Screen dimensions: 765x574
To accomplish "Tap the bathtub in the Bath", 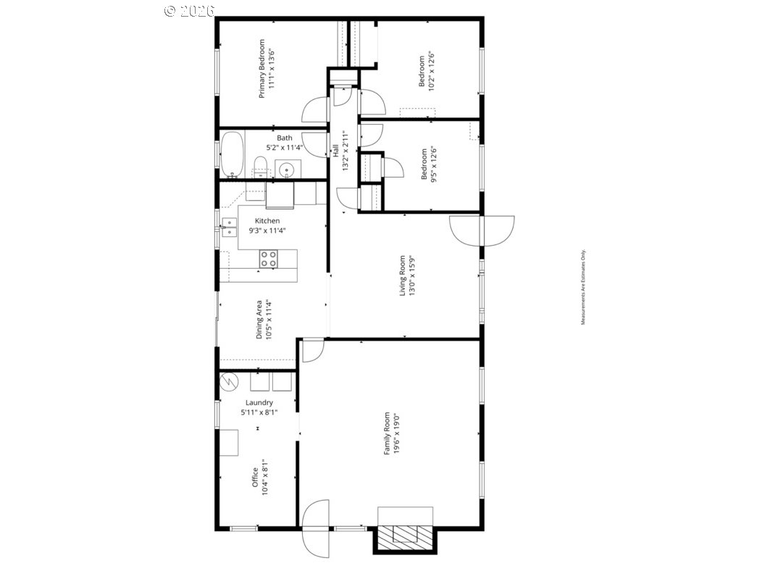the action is (x=233, y=154).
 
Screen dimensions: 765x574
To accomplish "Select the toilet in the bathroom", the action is (x=261, y=167).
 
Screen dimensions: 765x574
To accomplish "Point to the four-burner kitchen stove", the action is (x=268, y=259).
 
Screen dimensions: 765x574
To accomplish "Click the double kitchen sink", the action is (x=228, y=228).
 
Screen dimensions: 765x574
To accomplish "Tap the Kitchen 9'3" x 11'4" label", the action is (x=267, y=225).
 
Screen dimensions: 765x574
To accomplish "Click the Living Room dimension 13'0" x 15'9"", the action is (x=412, y=276).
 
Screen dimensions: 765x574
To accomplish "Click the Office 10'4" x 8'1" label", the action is (x=259, y=478).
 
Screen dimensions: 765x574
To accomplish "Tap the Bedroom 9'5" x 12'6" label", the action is (x=429, y=164).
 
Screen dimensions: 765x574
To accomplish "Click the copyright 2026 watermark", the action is (x=190, y=11).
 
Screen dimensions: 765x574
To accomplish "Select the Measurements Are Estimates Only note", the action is (x=583, y=288).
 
